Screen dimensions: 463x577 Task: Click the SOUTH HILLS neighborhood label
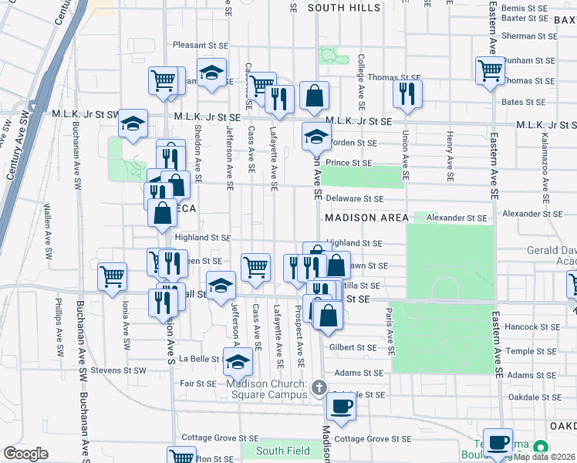point(344,8)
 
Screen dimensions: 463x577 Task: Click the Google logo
point(25,454)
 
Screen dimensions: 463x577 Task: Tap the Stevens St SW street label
point(119,370)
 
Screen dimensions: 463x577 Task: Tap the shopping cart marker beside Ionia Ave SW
point(113,275)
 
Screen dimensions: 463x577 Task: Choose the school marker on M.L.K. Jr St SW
point(133,122)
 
